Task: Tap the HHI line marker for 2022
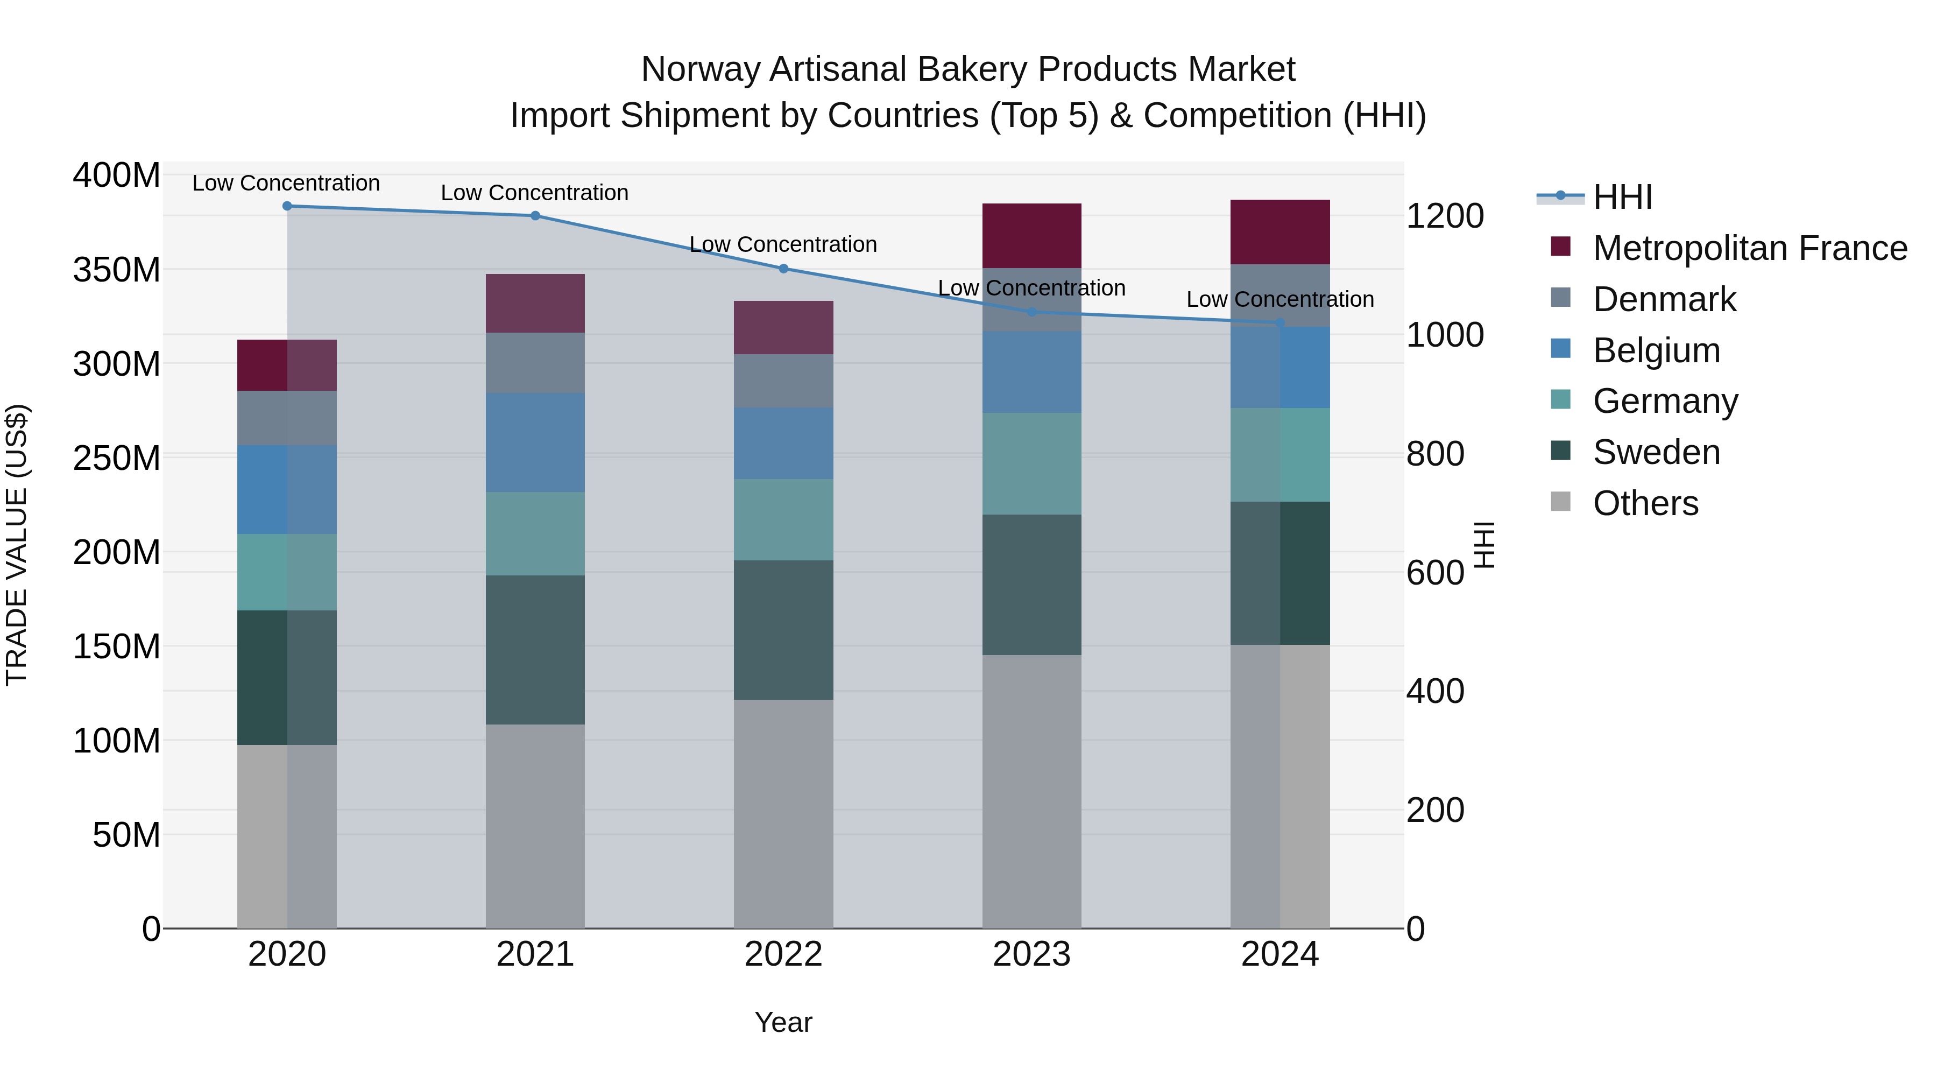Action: pos(783,269)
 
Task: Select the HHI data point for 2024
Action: pos(1280,323)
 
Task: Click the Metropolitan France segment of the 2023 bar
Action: pos(1031,235)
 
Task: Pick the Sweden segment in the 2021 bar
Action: pos(535,650)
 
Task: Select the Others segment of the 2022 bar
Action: pos(783,814)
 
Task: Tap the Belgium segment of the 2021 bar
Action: pos(535,442)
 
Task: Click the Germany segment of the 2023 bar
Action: pos(1031,463)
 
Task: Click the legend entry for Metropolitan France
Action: pos(1749,248)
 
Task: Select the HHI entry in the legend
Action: pos(1623,197)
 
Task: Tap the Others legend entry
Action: pos(1645,503)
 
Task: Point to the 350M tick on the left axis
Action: pos(117,269)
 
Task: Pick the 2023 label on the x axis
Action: pos(1031,954)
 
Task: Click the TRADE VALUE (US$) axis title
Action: pos(17,545)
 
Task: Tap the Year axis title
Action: pos(783,1022)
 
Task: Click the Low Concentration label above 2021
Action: pos(535,193)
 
